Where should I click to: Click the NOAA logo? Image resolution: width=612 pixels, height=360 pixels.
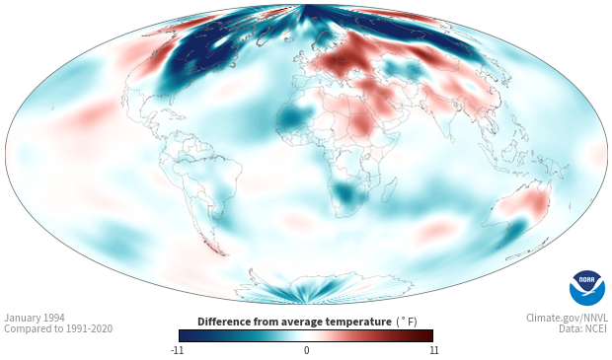(x=587, y=288)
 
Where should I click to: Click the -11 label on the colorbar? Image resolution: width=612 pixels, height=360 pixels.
(x=178, y=350)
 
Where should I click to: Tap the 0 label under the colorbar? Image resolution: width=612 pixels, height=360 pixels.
(x=306, y=350)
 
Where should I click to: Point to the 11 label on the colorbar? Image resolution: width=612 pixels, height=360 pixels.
(x=434, y=350)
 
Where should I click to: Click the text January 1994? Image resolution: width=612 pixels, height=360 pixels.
(x=35, y=318)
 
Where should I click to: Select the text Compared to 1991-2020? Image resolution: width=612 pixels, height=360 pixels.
(x=58, y=328)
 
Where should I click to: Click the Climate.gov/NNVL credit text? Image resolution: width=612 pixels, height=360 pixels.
(x=567, y=318)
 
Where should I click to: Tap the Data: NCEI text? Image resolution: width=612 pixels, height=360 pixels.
(x=583, y=328)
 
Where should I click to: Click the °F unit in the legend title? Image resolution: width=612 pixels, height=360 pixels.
(x=407, y=322)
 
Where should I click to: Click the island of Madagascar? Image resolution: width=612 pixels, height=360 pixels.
(x=389, y=189)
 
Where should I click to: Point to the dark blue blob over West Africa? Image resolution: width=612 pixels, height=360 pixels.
(x=291, y=117)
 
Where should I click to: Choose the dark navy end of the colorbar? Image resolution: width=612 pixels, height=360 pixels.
(x=186, y=335)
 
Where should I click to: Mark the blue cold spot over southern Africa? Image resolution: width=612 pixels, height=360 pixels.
(x=346, y=194)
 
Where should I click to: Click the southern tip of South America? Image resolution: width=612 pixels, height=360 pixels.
(x=222, y=253)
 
